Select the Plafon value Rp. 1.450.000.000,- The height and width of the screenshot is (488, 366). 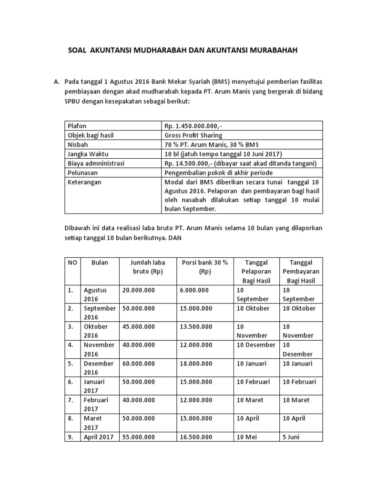193,126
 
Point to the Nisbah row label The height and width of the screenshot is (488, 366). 79,144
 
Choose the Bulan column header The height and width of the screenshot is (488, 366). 100,263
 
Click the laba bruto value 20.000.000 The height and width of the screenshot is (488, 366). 139,290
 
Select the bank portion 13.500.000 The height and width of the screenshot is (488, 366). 197,326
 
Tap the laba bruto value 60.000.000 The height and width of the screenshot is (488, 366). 139,363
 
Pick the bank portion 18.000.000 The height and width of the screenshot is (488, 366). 197,363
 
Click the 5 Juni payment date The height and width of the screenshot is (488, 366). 291,437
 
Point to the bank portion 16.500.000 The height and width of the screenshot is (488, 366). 197,437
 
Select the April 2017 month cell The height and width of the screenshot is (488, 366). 99,437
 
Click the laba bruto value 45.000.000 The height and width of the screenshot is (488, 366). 139,326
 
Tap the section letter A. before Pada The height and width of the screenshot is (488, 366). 56,82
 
